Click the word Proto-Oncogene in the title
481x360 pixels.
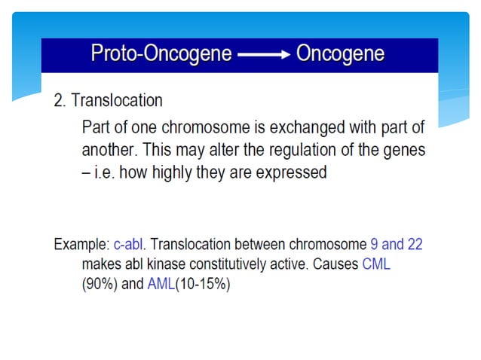(x=160, y=54)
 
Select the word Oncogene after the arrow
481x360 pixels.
(x=340, y=54)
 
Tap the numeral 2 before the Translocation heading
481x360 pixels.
(x=59, y=100)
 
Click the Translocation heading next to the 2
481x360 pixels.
(x=117, y=100)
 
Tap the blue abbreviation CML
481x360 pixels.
(x=376, y=265)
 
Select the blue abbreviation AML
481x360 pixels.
(x=160, y=285)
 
